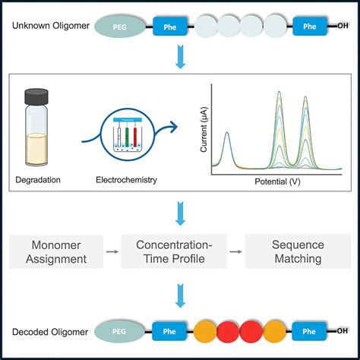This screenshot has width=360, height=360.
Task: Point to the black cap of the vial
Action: [x=41, y=96]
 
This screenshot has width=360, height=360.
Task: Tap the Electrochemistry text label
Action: [x=122, y=181]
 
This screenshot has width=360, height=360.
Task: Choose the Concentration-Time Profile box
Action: [x=179, y=251]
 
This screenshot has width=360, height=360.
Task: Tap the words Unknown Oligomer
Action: [x=48, y=27]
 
